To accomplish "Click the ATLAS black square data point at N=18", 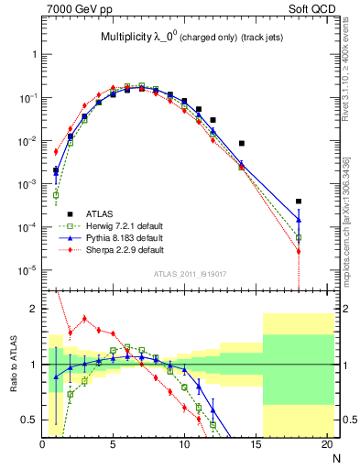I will point(299,202).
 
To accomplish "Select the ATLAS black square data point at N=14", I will point(242,143).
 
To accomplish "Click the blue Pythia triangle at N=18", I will point(299,219).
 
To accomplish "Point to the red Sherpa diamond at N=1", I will point(56,151).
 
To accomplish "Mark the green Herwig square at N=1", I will point(56,194).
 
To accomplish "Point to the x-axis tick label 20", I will point(326,445).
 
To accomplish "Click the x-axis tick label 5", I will point(113,445).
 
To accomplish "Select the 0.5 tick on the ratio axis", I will point(29,420).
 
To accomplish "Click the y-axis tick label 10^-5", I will point(27,269).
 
